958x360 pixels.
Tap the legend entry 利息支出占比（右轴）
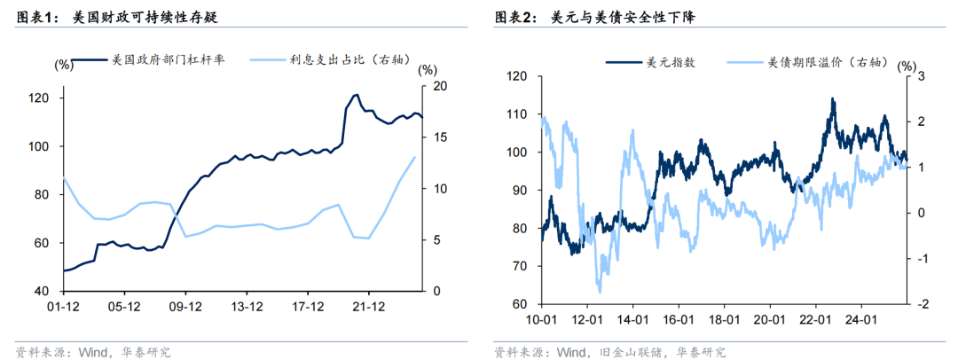point(349,60)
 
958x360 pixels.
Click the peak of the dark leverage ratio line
point(355,94)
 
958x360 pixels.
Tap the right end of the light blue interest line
point(414,157)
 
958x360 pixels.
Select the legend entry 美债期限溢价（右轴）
point(820,62)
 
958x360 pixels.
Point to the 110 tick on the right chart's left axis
point(514,114)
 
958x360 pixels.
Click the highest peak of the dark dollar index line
point(833,98)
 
